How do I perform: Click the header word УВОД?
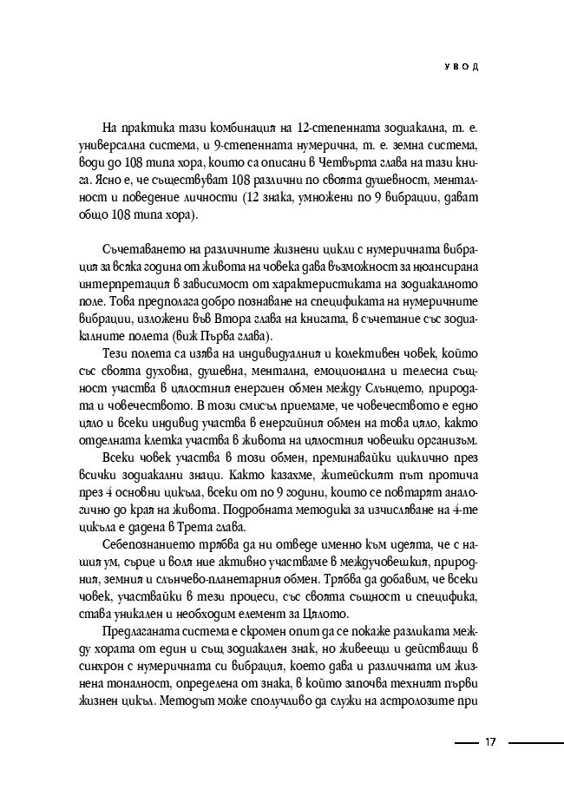point(461,67)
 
